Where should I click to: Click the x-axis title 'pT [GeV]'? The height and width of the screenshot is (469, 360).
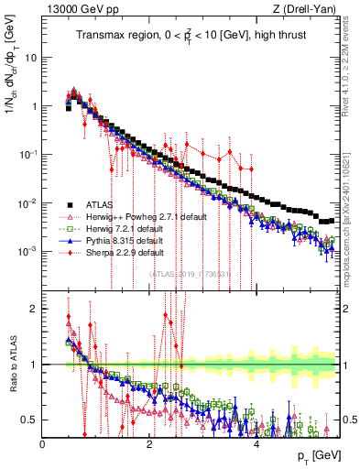pyautogui.click(x=314, y=456)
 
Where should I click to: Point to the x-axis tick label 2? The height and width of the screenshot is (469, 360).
pyautogui.click(x=150, y=443)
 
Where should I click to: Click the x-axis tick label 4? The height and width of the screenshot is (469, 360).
pyautogui.click(x=256, y=443)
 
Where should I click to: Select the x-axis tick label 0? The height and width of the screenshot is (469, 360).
pyautogui.click(x=43, y=443)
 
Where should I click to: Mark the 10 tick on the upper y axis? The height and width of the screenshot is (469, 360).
pyautogui.click(x=30, y=57)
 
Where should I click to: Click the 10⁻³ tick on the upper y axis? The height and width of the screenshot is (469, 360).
pyautogui.click(x=27, y=251)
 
